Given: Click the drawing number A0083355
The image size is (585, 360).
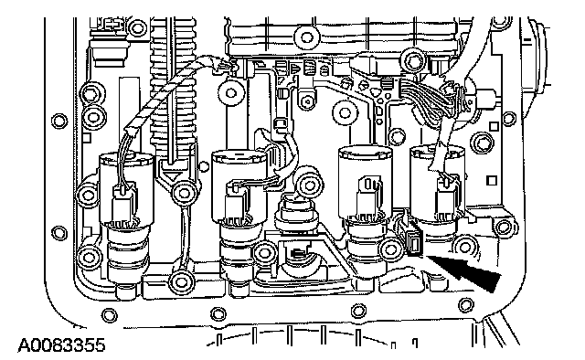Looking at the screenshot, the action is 61,345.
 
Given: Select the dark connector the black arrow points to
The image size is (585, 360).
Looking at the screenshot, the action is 414,243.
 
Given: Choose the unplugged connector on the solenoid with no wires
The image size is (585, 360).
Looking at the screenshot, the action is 369,194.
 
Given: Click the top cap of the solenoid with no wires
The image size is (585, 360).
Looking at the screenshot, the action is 365,153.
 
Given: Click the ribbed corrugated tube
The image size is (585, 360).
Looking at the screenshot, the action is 173,82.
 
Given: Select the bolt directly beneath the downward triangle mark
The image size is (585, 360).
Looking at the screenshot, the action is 183,193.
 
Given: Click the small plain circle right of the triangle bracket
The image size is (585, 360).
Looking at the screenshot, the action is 204,165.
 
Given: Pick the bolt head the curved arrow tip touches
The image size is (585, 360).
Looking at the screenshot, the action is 309,185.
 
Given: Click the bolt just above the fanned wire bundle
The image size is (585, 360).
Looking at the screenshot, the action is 413,59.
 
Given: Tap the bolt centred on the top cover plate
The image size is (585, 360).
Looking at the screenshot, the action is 306,37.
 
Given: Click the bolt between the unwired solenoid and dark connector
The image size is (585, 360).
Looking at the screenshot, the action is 391,249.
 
